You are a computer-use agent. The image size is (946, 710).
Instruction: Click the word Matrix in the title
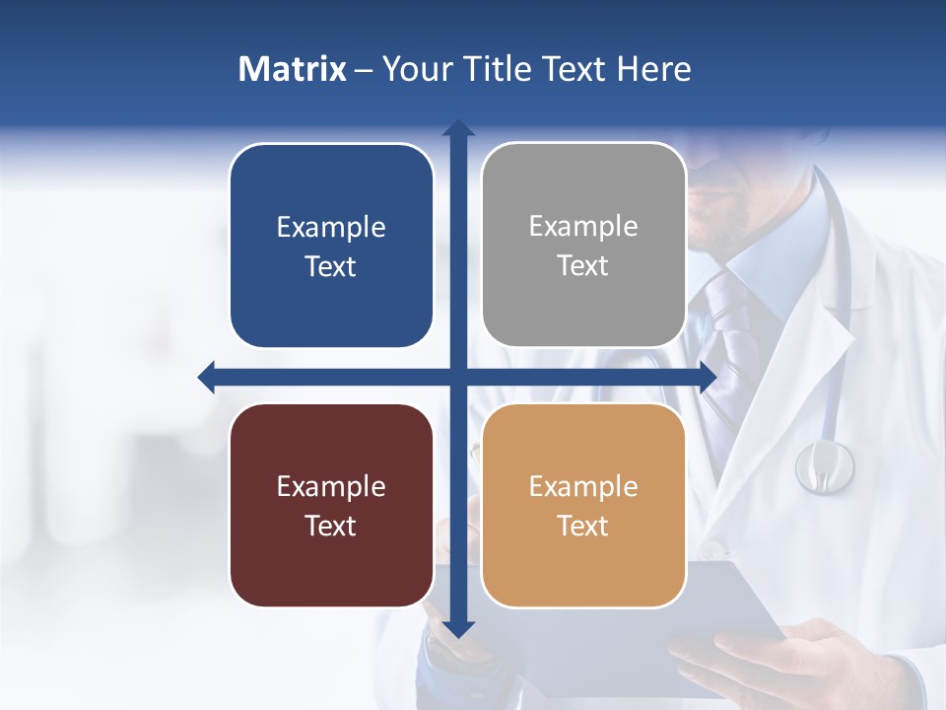(x=292, y=69)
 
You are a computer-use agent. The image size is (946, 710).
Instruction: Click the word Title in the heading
(x=503, y=69)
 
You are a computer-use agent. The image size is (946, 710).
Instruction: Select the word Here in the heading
(x=653, y=69)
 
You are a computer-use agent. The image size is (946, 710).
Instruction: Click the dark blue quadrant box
(x=331, y=246)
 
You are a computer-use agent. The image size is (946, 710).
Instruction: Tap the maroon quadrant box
(x=331, y=505)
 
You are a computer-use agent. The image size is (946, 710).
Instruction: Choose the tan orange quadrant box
(x=583, y=505)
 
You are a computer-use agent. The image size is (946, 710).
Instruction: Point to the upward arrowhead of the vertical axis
(x=458, y=128)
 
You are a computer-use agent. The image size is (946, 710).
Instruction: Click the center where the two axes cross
(x=458, y=377)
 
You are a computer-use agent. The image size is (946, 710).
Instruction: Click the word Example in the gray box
(x=583, y=227)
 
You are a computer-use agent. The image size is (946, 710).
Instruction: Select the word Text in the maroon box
(x=331, y=526)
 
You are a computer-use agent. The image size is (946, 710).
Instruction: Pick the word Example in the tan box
(x=583, y=486)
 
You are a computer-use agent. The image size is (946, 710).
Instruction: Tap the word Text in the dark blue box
(x=331, y=266)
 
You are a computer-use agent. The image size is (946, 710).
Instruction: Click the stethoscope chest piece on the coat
(x=825, y=465)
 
